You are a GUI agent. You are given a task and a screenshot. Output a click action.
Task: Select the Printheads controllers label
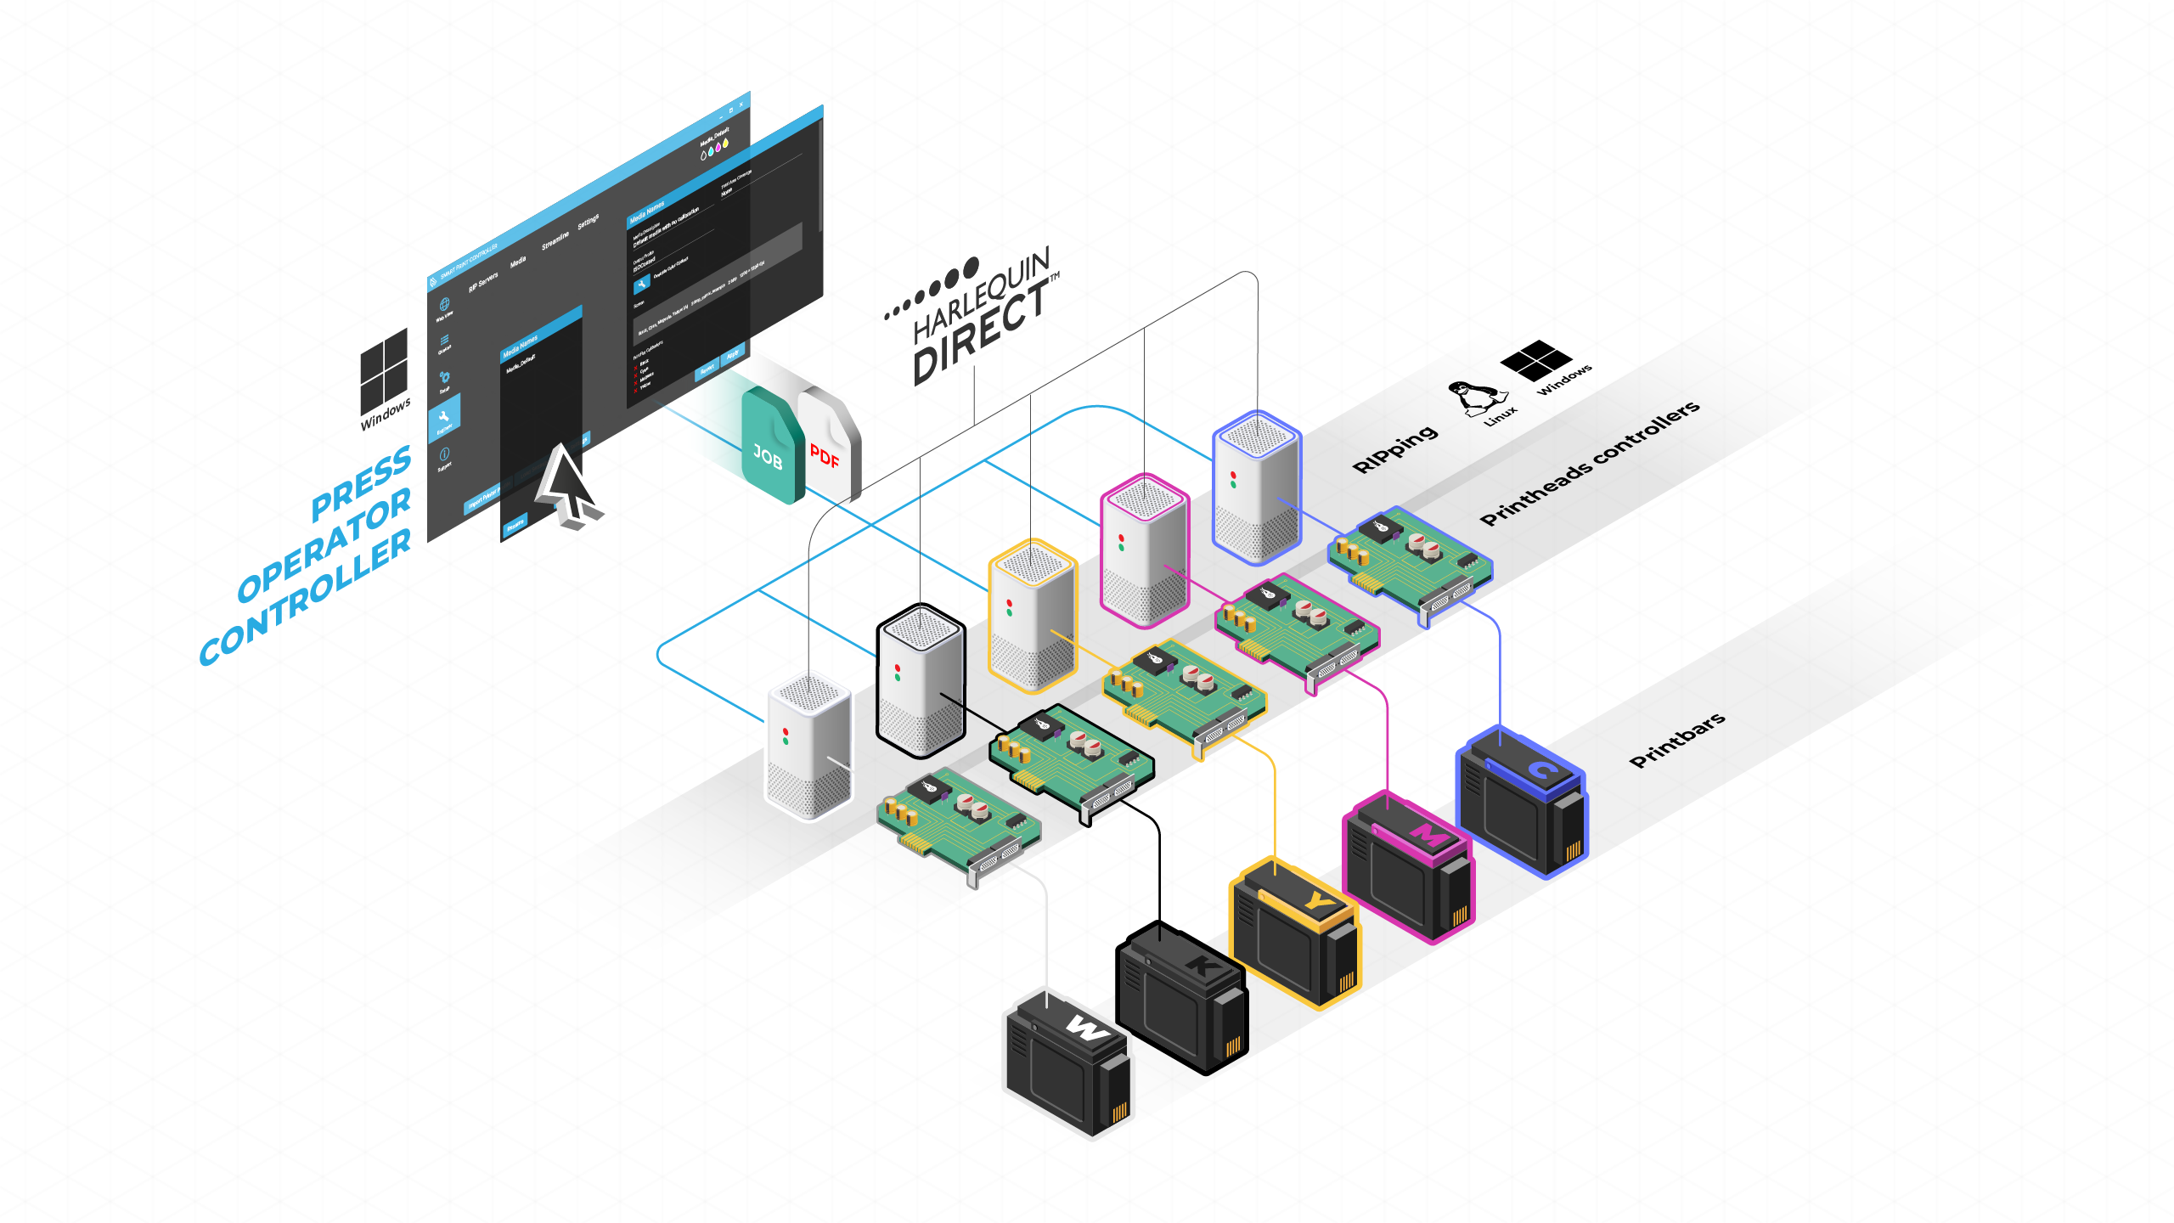1588,463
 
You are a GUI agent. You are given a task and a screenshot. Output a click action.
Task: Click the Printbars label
1676,740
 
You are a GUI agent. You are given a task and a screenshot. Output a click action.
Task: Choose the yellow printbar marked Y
1294,934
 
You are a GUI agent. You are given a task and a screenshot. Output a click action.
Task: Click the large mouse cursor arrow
565,484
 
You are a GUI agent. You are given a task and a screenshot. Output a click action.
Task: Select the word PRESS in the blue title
360,484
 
